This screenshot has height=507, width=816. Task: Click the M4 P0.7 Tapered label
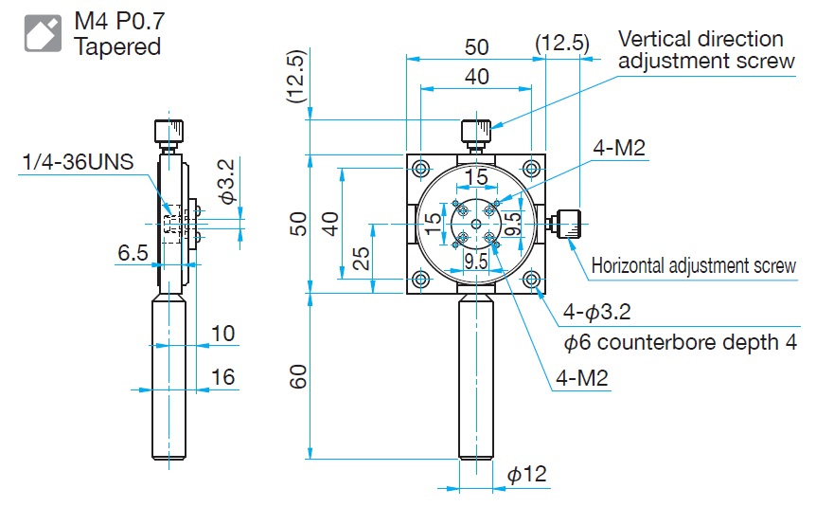tap(118, 32)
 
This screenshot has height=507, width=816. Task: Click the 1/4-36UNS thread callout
tap(83, 163)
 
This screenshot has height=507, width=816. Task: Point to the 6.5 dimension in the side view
tap(133, 253)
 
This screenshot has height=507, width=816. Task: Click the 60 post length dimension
tap(296, 376)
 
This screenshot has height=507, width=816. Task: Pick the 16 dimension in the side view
tap(222, 377)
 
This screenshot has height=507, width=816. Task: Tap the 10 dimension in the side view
tap(222, 333)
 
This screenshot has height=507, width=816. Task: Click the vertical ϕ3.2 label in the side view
tap(226, 181)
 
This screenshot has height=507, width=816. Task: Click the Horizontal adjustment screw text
tap(694, 266)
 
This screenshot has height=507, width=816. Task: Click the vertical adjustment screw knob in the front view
tap(475, 133)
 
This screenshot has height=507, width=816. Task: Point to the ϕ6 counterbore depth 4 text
tap(680, 342)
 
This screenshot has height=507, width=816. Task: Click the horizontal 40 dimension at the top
tap(476, 77)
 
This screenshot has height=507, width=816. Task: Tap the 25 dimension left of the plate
tap(361, 258)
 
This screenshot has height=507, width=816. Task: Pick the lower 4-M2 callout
tap(582, 378)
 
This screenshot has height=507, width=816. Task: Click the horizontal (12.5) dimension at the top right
tap(561, 43)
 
